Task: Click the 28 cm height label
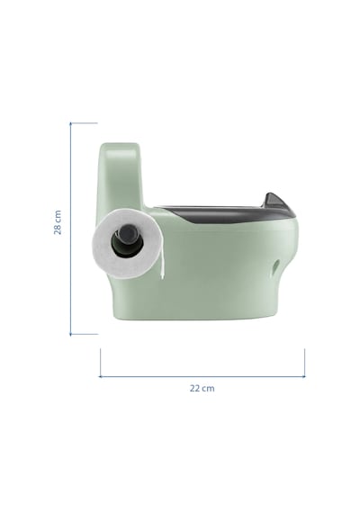(58, 222)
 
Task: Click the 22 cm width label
(202, 388)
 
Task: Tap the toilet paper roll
(126, 243)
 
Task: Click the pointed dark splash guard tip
(271, 194)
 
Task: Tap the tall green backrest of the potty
(120, 176)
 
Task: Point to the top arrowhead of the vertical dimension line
(70, 123)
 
